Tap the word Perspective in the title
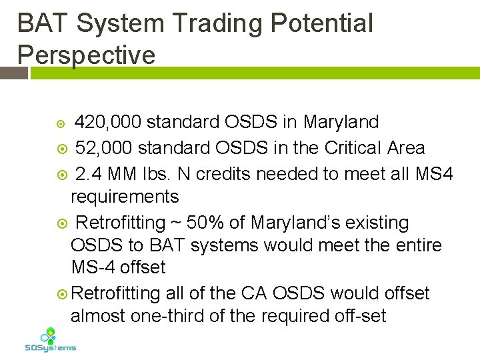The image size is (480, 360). pyautogui.click(x=86, y=54)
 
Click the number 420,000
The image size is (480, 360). pyautogui.click(x=107, y=122)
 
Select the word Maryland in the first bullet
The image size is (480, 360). pyautogui.click(x=341, y=122)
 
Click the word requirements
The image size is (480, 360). pyautogui.click(x=125, y=197)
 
